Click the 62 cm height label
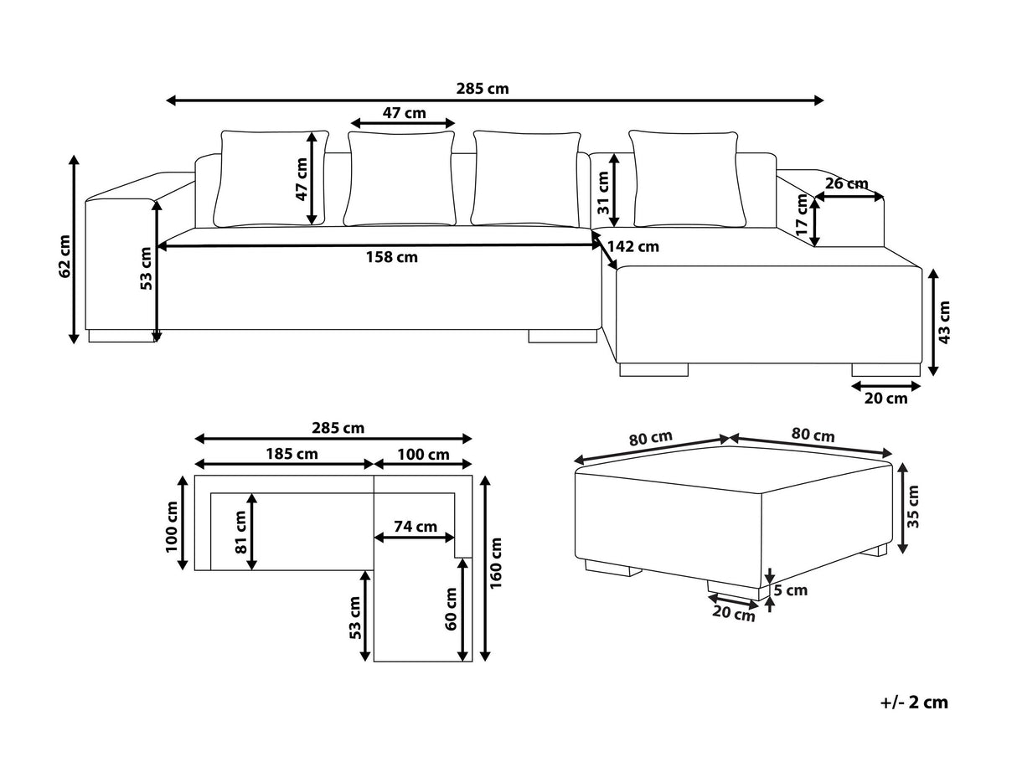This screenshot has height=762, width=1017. (x=65, y=256)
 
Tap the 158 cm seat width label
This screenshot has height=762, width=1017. (x=391, y=257)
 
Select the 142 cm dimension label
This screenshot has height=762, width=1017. (x=633, y=246)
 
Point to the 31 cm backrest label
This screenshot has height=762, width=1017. (x=603, y=192)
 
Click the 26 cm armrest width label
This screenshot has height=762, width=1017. (x=846, y=183)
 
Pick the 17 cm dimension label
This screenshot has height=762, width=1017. (x=802, y=215)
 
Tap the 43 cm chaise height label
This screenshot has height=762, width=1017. (x=944, y=322)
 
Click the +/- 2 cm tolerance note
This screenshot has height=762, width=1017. (x=914, y=703)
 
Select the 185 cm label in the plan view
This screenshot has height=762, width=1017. (x=292, y=454)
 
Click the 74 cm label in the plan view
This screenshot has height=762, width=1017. (x=416, y=527)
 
